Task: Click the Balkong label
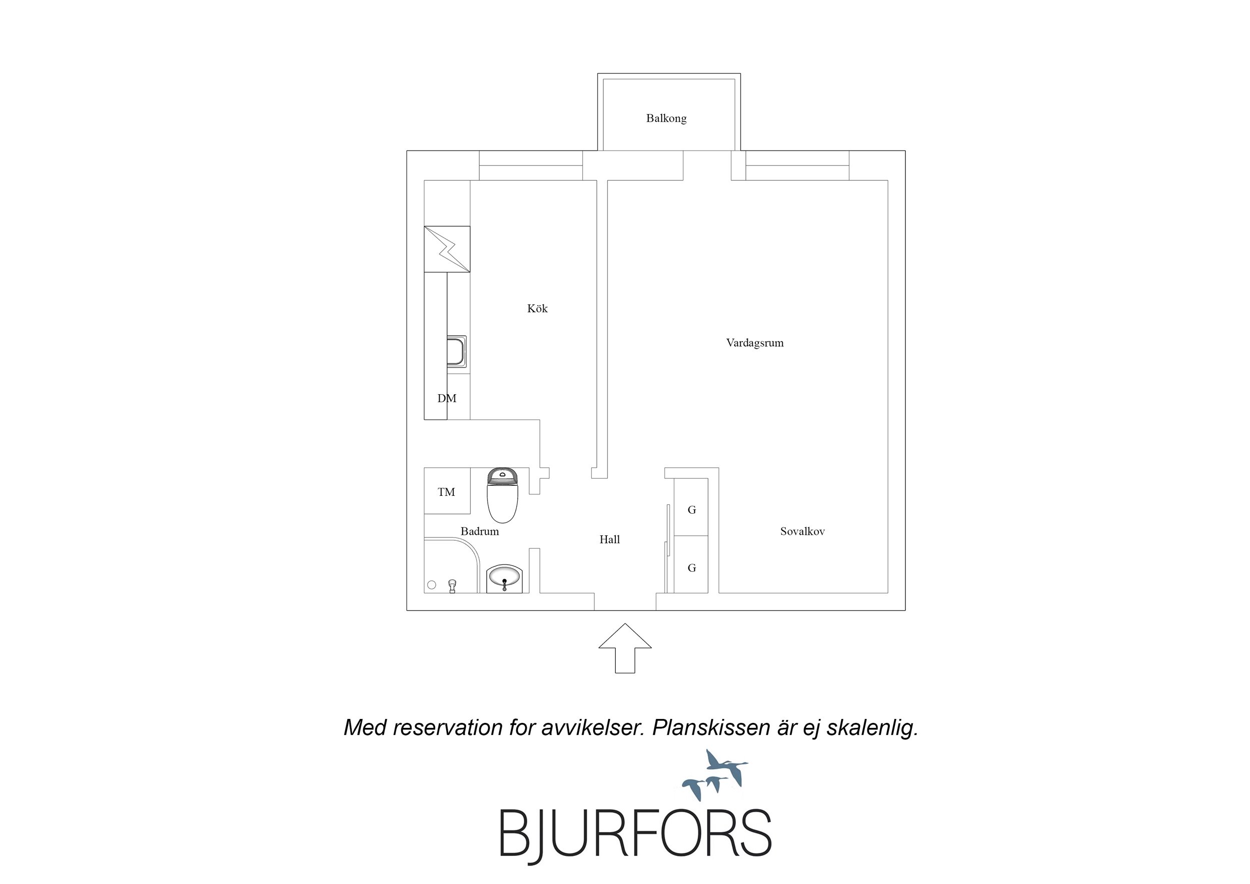(x=666, y=118)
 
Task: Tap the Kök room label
(x=537, y=308)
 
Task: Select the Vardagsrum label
(x=755, y=343)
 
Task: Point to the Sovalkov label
(x=802, y=531)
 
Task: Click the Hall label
(x=609, y=539)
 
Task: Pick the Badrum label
(x=479, y=531)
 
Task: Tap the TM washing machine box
(x=447, y=491)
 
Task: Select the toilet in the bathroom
(x=502, y=495)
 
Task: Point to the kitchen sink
(x=456, y=351)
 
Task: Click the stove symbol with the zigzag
(x=447, y=249)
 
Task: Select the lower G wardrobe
(x=691, y=564)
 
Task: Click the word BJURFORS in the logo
(x=635, y=834)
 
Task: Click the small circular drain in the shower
(x=432, y=585)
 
